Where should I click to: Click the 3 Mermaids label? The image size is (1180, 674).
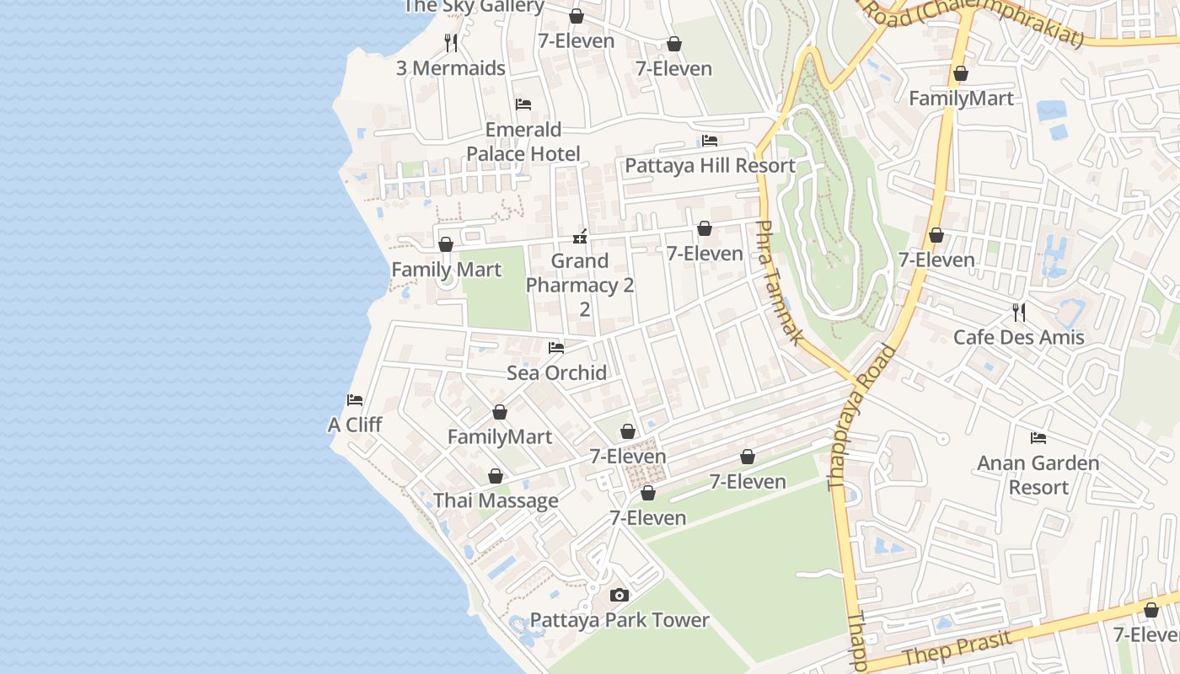point(451,68)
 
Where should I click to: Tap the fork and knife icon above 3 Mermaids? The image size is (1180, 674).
point(451,42)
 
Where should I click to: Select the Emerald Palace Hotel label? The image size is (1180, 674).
point(523,142)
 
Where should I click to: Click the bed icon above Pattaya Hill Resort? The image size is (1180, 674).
point(710,140)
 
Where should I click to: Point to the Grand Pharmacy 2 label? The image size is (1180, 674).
point(580,274)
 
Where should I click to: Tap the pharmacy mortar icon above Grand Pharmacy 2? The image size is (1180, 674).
point(580,236)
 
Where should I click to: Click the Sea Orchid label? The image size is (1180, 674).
point(556,372)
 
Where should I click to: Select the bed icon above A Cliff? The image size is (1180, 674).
point(355,399)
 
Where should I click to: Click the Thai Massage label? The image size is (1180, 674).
point(496,500)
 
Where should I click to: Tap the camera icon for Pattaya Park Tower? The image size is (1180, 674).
point(619,595)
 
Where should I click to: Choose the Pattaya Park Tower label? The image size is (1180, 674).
point(619,620)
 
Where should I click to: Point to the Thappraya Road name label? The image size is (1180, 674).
point(861,417)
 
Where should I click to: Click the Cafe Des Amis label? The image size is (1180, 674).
point(1018,337)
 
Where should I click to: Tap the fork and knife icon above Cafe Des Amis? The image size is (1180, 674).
point(1019,312)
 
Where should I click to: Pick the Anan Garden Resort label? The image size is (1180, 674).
point(1038,474)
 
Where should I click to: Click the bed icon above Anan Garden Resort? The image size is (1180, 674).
point(1038,437)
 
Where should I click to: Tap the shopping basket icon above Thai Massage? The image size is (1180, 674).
point(496,476)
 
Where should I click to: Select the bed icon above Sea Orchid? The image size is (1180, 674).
point(556,347)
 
